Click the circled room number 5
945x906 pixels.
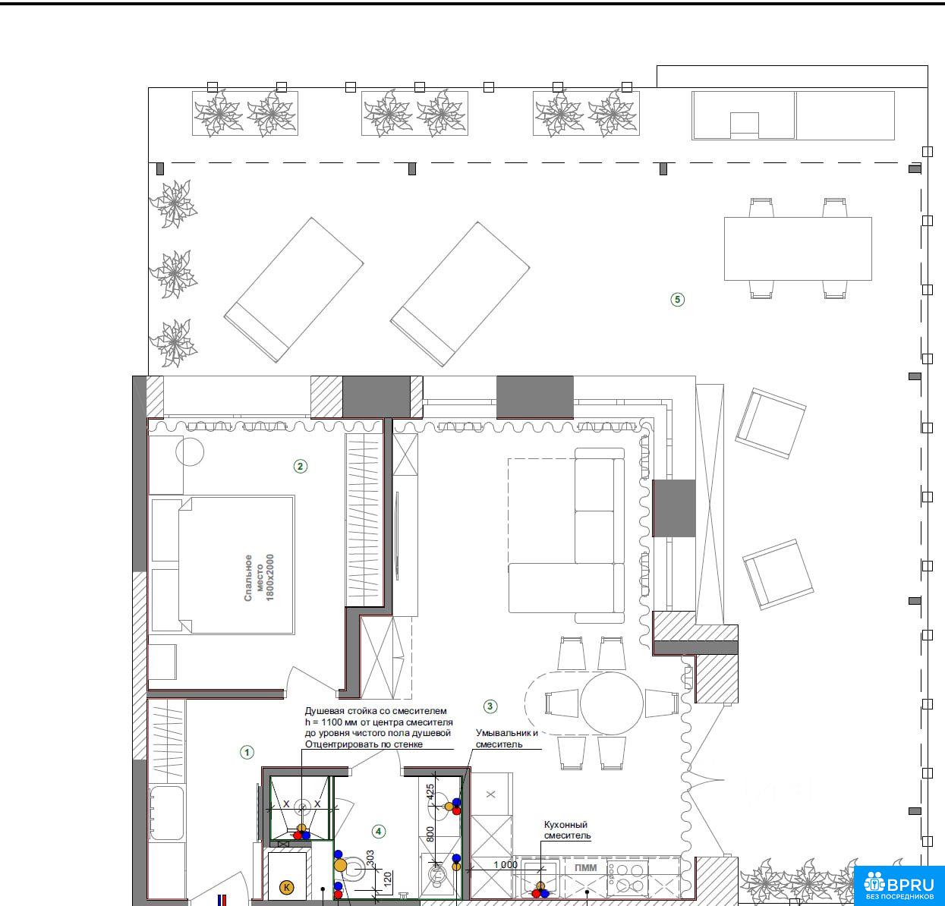(x=677, y=300)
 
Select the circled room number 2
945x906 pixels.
(x=300, y=467)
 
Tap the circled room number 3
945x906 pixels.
(x=490, y=706)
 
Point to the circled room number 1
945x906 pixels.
(x=247, y=753)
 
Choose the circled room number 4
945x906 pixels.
(x=378, y=832)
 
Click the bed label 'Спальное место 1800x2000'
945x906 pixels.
(x=260, y=577)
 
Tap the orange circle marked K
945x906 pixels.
(x=286, y=888)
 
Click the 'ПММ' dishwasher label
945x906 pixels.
(x=586, y=867)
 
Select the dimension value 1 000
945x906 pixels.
(x=506, y=865)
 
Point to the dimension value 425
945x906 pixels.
(x=430, y=792)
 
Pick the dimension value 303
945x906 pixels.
(x=370, y=858)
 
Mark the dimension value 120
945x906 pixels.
(x=388, y=879)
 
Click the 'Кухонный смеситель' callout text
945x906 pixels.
(x=567, y=830)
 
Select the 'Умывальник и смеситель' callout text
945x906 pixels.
(x=506, y=738)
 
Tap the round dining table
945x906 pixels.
(x=611, y=703)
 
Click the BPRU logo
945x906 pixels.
(x=899, y=885)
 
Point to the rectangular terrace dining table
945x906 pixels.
(x=798, y=249)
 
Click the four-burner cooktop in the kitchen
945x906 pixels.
(x=628, y=878)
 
